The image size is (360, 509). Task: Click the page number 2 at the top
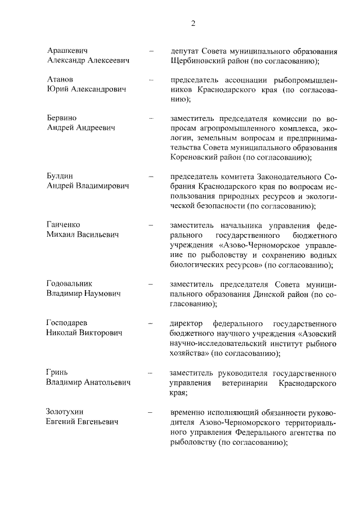pos(193,23)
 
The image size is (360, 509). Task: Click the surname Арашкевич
pos(68,51)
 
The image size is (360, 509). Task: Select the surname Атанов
pos(61,79)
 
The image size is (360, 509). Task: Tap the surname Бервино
pos(62,118)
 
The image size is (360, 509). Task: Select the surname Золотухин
pos(68,412)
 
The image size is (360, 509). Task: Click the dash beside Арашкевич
pos(151,51)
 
